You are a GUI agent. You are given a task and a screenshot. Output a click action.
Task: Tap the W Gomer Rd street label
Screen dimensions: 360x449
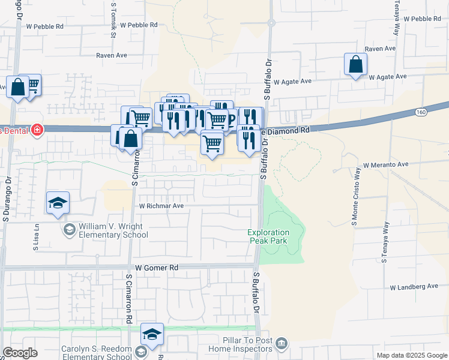pyautogui.click(x=157, y=268)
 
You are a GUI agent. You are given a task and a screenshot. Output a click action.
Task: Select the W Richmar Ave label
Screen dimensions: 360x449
pyautogui.click(x=161, y=205)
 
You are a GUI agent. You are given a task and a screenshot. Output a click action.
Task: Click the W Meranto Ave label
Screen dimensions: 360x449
pyautogui.click(x=385, y=164)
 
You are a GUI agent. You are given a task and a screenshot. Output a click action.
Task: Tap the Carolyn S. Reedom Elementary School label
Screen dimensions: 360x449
pyautogui.click(x=96, y=353)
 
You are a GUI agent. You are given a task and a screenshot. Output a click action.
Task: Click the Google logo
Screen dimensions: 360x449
pyautogui.click(x=20, y=353)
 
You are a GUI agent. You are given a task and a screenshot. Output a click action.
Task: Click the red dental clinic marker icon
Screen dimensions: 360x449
pyautogui.click(x=37, y=129)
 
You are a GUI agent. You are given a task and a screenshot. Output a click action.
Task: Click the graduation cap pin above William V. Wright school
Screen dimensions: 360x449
pyautogui.click(x=58, y=203)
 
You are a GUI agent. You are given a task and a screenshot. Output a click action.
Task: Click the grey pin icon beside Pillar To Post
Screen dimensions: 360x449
pyautogui.click(x=282, y=344)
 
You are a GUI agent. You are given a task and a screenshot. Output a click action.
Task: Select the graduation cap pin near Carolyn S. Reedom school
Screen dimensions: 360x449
pyautogui.click(x=152, y=334)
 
